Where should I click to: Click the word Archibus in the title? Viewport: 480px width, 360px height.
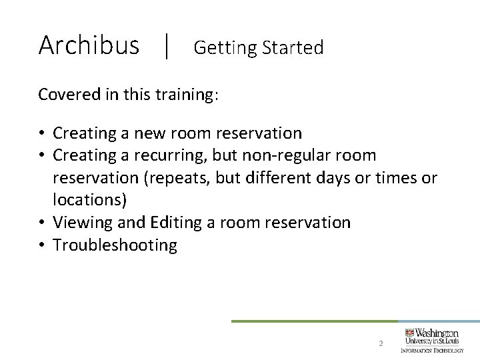(89, 45)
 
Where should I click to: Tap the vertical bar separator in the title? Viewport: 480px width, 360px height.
(167, 47)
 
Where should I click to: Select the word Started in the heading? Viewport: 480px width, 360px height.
(293, 48)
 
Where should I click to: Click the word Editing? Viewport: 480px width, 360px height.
(173, 223)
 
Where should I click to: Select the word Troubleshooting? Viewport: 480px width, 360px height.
(115, 245)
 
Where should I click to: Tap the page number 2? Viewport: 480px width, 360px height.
(380, 344)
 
